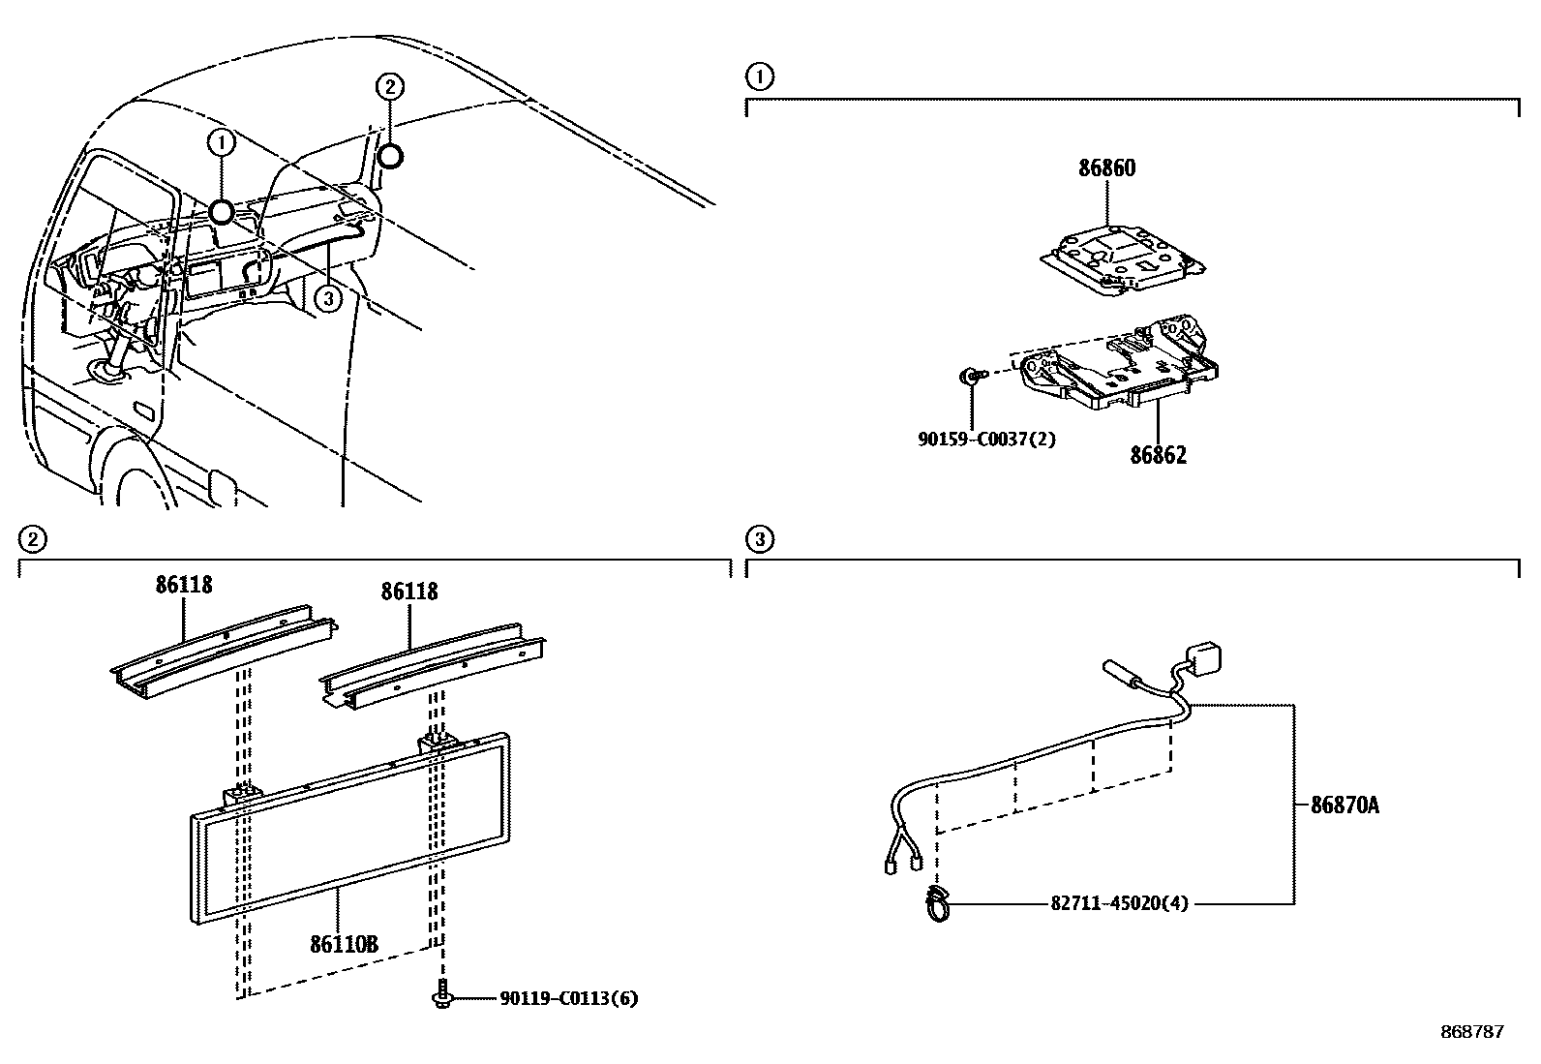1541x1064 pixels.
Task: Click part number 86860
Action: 1107,167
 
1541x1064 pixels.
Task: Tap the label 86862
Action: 1158,454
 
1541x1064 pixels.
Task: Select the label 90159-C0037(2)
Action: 986,439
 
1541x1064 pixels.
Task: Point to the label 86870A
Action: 1345,804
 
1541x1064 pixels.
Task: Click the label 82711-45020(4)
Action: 1119,903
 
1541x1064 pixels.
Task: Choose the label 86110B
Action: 344,942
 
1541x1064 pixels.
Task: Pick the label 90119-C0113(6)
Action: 569,998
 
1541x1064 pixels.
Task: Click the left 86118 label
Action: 184,584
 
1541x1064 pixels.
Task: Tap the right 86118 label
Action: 409,591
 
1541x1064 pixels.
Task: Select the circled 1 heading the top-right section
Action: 760,76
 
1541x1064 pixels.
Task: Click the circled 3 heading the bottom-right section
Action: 760,538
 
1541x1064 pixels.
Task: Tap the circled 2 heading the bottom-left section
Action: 33,538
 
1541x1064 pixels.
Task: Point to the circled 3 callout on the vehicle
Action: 328,299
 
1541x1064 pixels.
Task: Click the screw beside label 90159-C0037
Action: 970,375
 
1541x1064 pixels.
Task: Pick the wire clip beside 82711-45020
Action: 937,904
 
